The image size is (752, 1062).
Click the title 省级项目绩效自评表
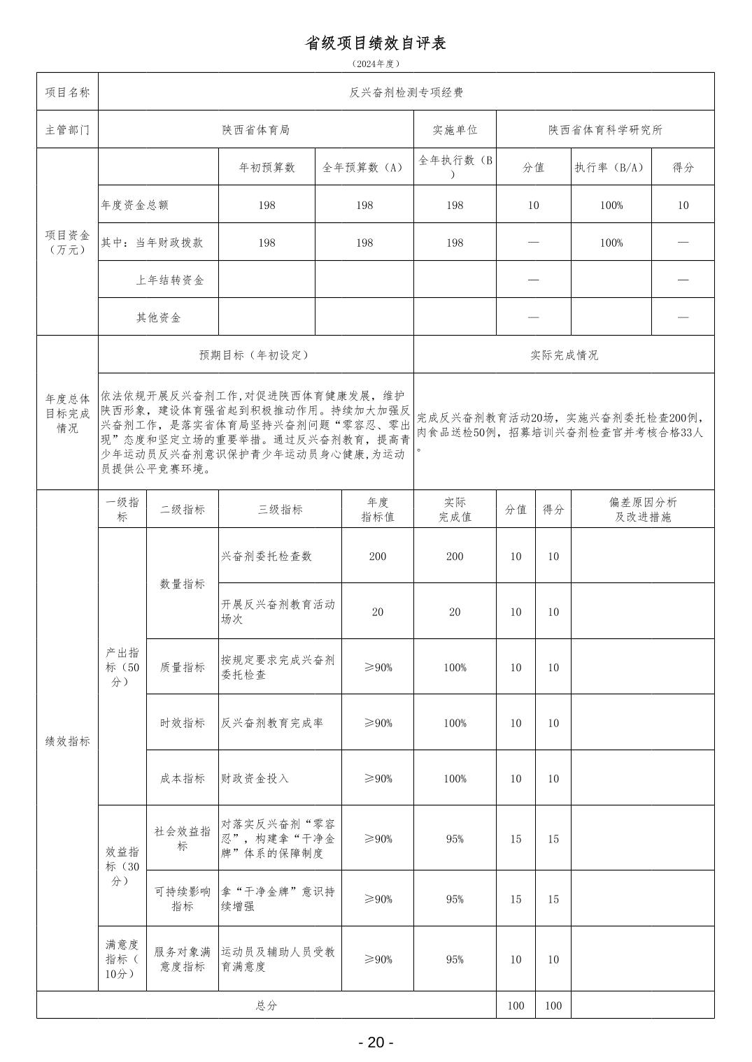coord(376,43)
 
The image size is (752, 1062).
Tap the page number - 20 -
coord(376,1042)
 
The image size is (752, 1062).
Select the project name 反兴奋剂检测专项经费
coord(406,92)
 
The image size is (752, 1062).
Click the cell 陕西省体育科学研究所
coord(605,130)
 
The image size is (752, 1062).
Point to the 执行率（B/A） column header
coord(611,168)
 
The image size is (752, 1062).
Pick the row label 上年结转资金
coord(170,280)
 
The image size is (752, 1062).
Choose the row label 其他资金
coord(158,318)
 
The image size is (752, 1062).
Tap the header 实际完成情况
coord(564,355)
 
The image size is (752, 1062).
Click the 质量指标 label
coord(183,668)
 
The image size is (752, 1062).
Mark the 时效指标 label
coord(183,723)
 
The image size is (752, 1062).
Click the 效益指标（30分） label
coord(122,866)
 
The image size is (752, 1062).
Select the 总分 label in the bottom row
coord(266,1005)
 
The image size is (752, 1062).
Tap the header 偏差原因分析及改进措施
coord(642,510)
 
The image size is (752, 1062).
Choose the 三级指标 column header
coord(280,510)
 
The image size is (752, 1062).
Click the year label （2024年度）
coord(376,64)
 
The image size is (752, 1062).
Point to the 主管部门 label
coord(67,130)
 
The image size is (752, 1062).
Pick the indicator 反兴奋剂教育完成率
coord(272,723)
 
